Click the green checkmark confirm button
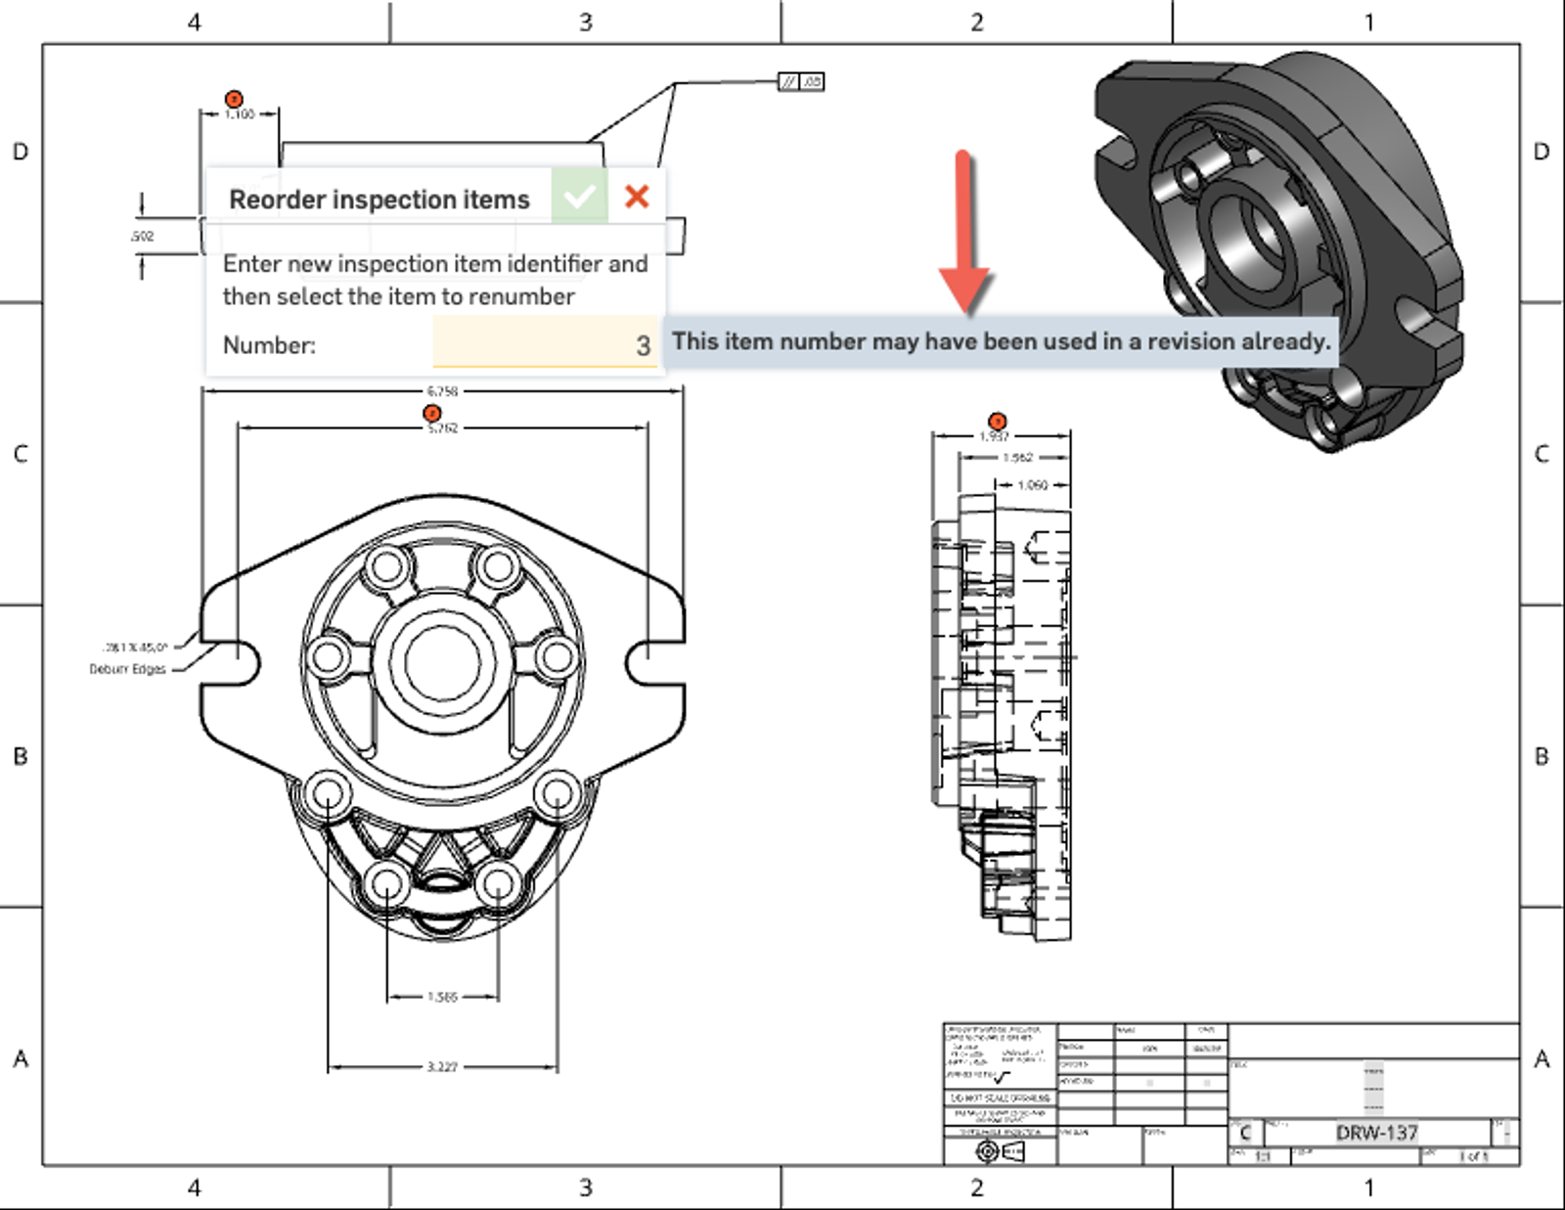579,197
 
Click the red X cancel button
637,197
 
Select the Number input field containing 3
545,344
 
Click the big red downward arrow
964,235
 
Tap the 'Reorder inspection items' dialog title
379,200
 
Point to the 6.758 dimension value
442,391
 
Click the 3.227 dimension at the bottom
442,1066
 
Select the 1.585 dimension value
442,997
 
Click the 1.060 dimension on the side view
1033,485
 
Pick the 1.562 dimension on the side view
1017,458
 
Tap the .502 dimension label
142,236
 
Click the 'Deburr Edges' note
128,669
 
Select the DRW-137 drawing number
1376,1133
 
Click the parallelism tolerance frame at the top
801,82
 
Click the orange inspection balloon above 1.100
234,99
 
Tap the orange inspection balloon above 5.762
431,413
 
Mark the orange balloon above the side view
997,422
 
